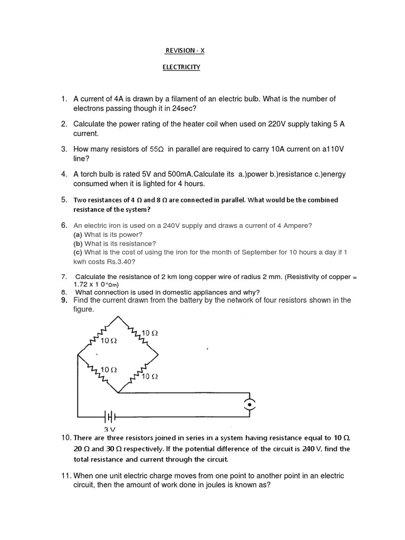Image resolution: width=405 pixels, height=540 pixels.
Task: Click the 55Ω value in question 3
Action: point(158,149)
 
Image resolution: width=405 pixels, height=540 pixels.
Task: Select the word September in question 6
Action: point(263,252)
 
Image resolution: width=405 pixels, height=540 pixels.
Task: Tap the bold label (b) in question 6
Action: point(78,244)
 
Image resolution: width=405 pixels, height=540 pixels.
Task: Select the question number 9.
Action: point(64,300)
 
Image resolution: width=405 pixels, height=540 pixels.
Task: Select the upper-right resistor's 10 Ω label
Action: point(150,333)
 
